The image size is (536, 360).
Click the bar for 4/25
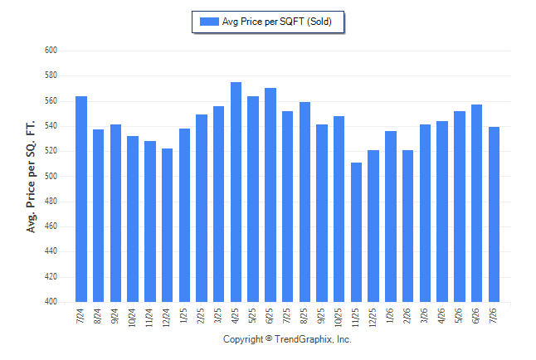pyautogui.click(x=236, y=192)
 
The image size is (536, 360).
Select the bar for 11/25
pyautogui.click(x=356, y=232)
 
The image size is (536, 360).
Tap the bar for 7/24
pyautogui.click(x=81, y=199)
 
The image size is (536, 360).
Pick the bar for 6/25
pyautogui.click(x=270, y=195)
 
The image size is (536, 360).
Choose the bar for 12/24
pyautogui.click(x=167, y=225)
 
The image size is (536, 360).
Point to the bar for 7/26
pyautogui.click(x=494, y=214)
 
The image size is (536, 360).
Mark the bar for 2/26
pyautogui.click(x=408, y=226)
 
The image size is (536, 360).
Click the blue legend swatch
pyautogui.click(x=209, y=22)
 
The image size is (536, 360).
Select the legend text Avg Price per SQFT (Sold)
pyautogui.click(x=277, y=22)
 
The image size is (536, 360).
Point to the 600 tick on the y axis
pyautogui.click(x=51, y=51)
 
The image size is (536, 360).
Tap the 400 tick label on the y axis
pyautogui.click(x=51, y=302)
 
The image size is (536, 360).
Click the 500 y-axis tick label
pyautogui.click(x=51, y=176)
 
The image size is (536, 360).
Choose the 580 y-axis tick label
pyautogui.click(x=51, y=75)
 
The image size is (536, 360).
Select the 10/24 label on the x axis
pyautogui.click(x=132, y=318)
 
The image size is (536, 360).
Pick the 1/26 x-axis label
pyautogui.click(x=390, y=316)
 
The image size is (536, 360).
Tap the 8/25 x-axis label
pyautogui.click(x=305, y=316)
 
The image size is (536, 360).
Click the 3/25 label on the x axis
pyautogui.click(x=218, y=316)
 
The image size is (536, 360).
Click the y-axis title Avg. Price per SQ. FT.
pyautogui.click(x=31, y=177)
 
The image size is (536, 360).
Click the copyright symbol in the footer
pyautogui.click(x=269, y=338)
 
